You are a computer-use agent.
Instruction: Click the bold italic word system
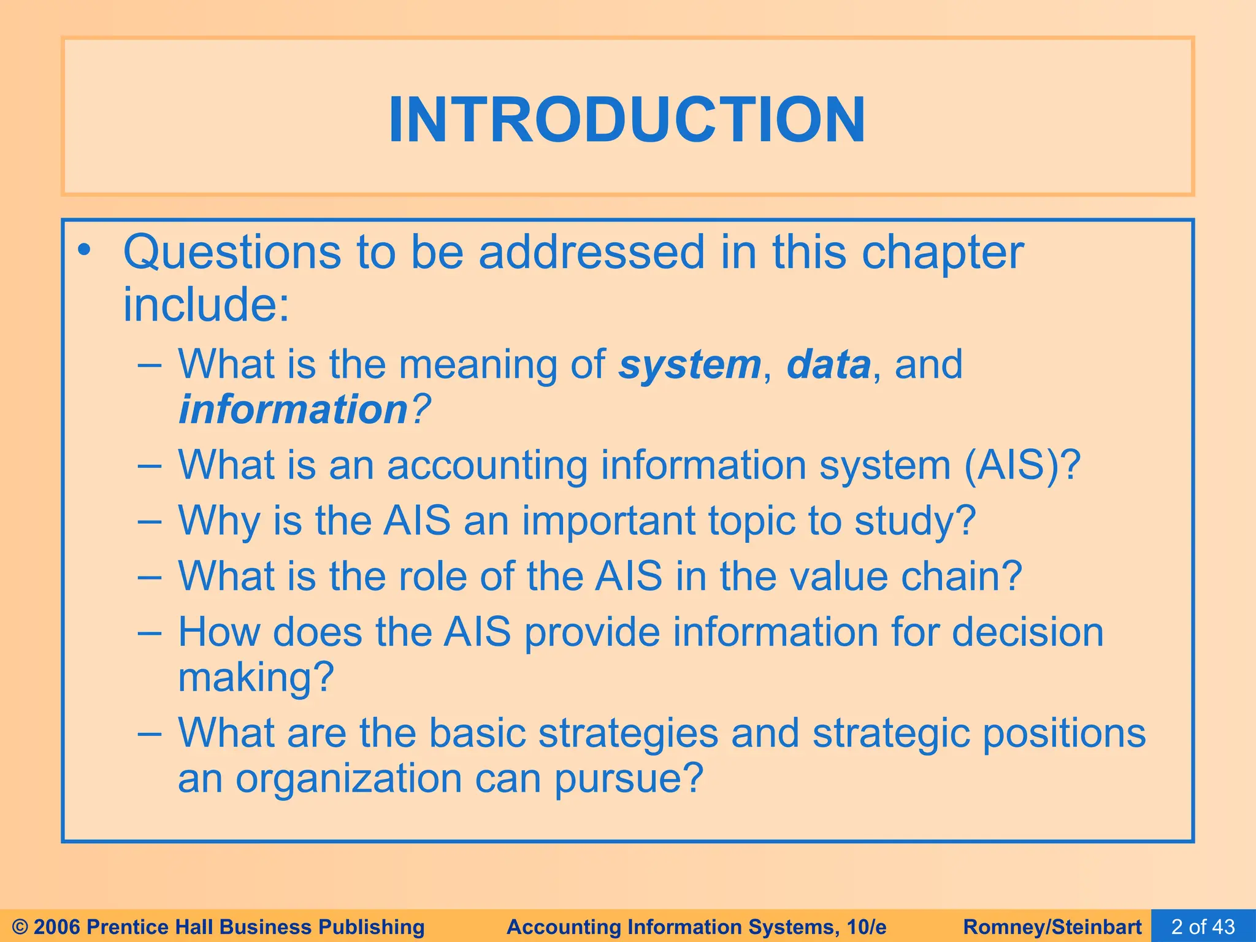(689, 364)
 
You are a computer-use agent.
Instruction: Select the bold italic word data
(828, 364)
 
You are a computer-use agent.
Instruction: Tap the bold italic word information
(293, 410)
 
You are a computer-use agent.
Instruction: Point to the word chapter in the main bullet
(942, 252)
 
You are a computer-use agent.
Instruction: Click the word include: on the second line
(206, 305)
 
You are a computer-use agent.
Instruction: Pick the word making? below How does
(256, 677)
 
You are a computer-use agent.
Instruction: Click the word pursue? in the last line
(629, 779)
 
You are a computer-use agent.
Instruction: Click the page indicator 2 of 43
(1203, 926)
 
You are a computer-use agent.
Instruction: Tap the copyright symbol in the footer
(20, 927)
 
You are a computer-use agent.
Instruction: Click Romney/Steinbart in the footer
(1052, 927)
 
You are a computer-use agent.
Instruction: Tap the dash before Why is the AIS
(150, 521)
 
